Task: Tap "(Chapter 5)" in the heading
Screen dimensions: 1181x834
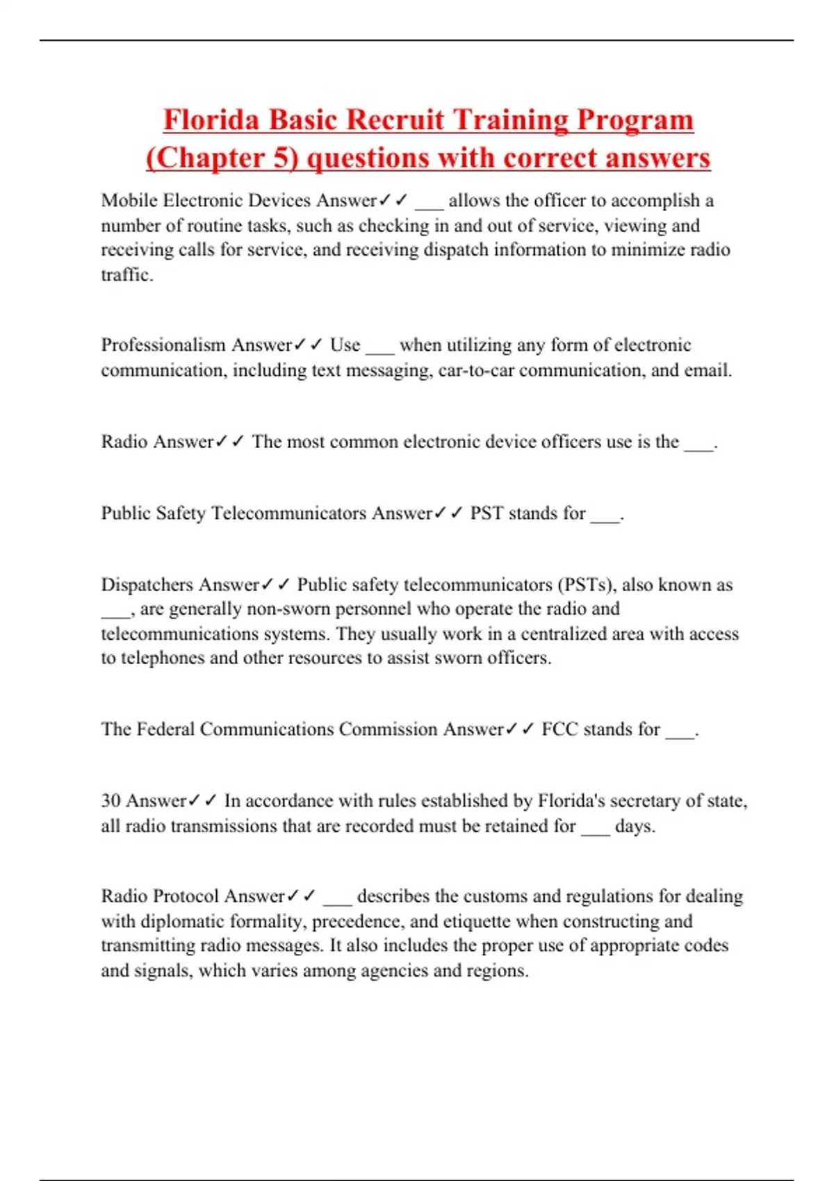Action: coord(222,158)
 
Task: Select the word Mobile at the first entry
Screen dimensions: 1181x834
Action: coord(129,201)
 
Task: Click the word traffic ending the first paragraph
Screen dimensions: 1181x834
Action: coord(126,275)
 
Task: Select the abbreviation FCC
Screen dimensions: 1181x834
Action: coord(559,729)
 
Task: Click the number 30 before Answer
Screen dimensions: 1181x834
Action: coord(111,801)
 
